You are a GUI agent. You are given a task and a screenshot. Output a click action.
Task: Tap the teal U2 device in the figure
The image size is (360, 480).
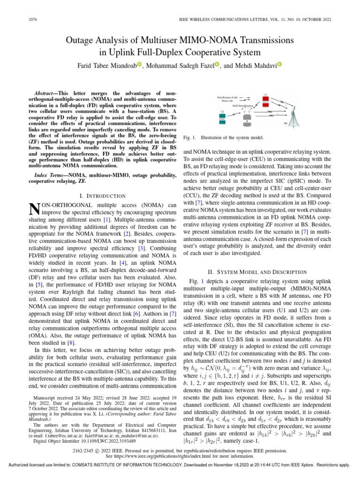point(222,120)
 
